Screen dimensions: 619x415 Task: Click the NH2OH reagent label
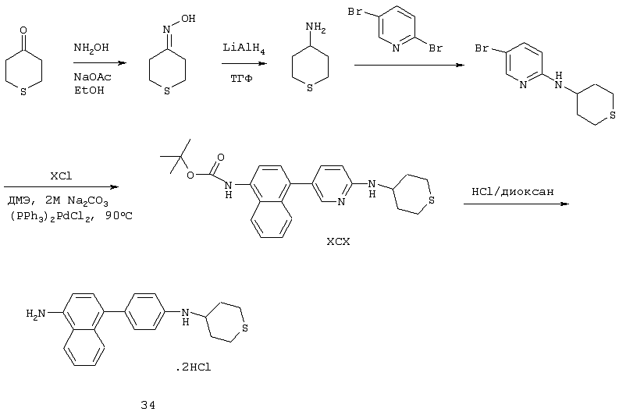(x=91, y=48)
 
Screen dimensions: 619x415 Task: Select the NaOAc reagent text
(x=92, y=76)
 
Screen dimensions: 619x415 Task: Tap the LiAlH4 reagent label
(x=244, y=48)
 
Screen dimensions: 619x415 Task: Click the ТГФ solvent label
(x=241, y=79)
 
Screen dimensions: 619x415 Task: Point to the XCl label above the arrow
(x=61, y=176)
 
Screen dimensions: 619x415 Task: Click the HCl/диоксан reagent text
(x=512, y=192)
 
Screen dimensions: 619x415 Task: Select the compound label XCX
(x=338, y=241)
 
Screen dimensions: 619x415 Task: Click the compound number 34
(x=148, y=405)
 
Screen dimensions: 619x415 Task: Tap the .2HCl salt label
(x=194, y=367)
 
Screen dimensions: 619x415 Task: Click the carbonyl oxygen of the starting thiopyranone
(x=23, y=30)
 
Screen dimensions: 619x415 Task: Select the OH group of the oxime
(x=188, y=19)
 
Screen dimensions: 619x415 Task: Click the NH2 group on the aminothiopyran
(x=316, y=28)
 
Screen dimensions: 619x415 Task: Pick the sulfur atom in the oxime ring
(x=167, y=91)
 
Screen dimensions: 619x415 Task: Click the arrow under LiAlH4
(x=244, y=63)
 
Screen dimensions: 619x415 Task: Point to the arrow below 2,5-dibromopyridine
(x=409, y=65)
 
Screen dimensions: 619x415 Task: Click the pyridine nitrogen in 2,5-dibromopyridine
(x=397, y=48)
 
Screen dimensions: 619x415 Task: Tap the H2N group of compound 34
(x=36, y=314)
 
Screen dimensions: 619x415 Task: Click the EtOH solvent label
(x=89, y=90)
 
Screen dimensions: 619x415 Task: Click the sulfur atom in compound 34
(x=245, y=328)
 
